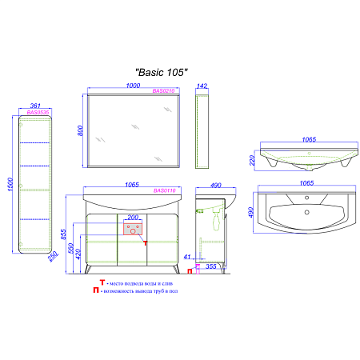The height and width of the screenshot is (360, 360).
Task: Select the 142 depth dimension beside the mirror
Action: [x=203, y=86]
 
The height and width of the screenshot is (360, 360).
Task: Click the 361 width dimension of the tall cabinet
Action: [x=34, y=106]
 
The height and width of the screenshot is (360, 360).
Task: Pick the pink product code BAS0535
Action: [x=38, y=114]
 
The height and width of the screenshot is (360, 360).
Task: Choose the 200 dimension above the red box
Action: [x=133, y=218]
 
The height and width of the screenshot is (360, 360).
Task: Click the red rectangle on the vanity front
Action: [x=133, y=231]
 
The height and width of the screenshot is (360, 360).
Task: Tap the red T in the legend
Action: [x=102, y=282]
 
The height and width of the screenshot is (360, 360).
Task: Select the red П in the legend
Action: [x=97, y=291]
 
